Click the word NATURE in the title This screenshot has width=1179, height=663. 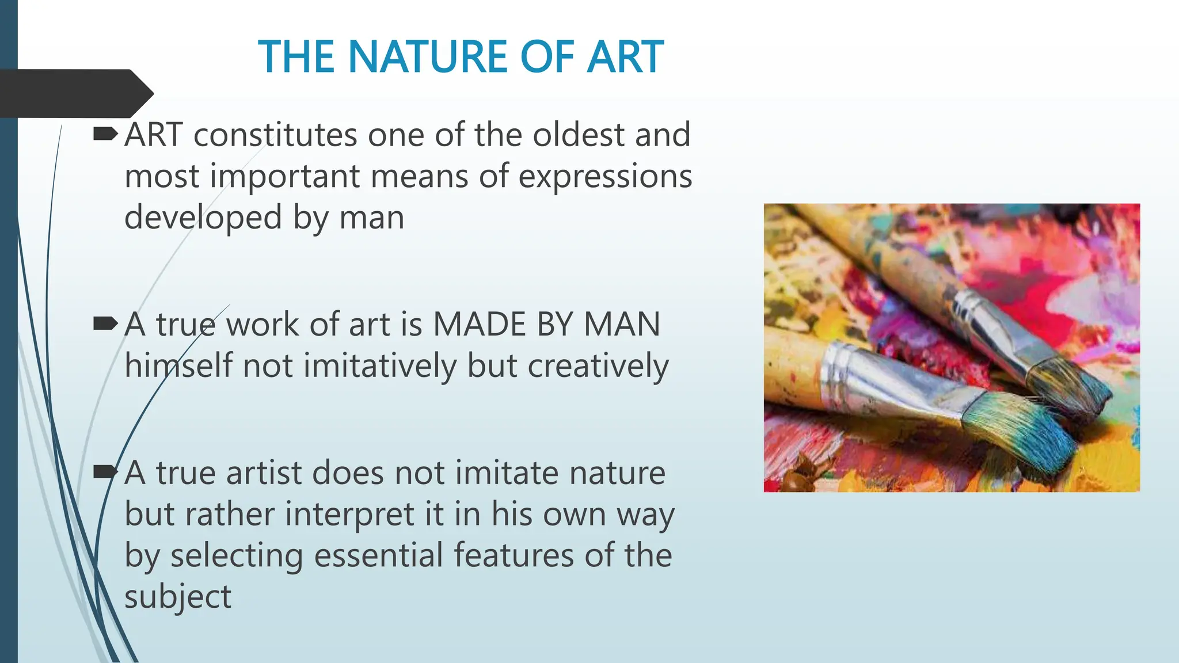coord(427,58)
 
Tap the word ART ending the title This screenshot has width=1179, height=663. coord(625,58)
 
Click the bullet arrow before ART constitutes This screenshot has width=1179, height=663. coord(105,135)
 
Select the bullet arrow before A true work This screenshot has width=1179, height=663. coord(105,324)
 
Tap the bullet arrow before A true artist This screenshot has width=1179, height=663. coord(105,473)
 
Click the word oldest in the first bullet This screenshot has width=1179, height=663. coord(579,135)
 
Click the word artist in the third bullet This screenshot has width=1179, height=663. coord(264,473)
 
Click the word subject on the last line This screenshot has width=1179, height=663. coord(178,597)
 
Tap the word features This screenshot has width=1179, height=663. coord(514,556)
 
